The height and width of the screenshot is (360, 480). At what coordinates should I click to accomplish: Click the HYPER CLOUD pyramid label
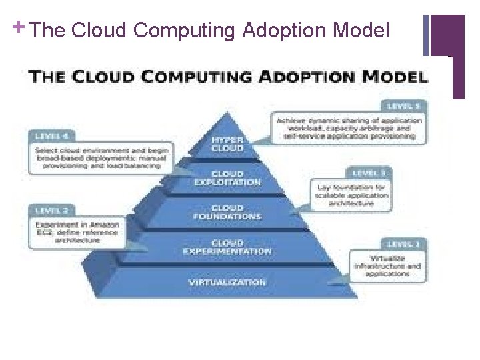(227, 144)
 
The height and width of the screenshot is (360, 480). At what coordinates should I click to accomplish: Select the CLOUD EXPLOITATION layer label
(227, 179)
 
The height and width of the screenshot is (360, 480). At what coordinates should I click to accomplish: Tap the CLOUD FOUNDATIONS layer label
(227, 213)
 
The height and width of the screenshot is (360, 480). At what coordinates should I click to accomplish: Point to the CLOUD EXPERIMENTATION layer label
(227, 247)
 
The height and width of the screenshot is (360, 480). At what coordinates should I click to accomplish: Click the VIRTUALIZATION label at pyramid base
(227, 283)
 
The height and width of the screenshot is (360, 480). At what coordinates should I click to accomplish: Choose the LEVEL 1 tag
(404, 245)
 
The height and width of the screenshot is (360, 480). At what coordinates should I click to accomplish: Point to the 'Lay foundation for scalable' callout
(353, 195)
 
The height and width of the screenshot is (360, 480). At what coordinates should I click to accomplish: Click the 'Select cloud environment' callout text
(101, 158)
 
